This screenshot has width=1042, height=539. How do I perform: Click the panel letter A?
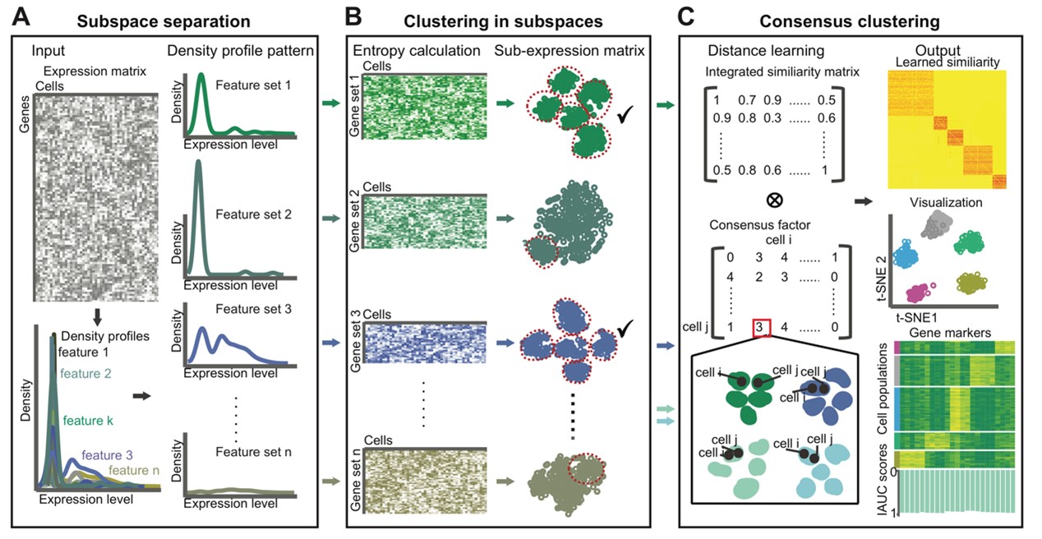pyautogui.click(x=21, y=17)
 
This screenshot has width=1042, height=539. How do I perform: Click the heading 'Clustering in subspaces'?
pyautogui.click(x=503, y=21)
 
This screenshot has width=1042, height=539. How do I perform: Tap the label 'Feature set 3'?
pyautogui.click(x=254, y=309)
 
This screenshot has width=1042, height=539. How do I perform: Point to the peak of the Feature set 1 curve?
pyautogui.click(x=201, y=74)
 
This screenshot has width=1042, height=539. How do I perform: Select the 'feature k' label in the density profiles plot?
pyautogui.click(x=88, y=421)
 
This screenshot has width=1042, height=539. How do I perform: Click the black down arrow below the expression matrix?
pyautogui.click(x=97, y=317)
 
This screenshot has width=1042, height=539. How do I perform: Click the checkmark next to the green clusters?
pyautogui.click(x=625, y=114)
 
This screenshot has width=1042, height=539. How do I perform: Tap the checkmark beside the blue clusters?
pyautogui.click(x=625, y=329)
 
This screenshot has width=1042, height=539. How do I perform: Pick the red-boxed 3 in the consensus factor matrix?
pyautogui.click(x=761, y=327)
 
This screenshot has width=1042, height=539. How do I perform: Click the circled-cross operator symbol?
pyautogui.click(x=774, y=200)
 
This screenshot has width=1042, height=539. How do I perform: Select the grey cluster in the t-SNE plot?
pyautogui.click(x=937, y=224)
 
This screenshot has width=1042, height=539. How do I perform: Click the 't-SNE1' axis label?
pyautogui.click(x=916, y=318)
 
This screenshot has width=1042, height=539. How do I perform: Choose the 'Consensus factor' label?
pyautogui.click(x=759, y=225)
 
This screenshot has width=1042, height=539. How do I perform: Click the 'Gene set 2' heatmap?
pyautogui.click(x=424, y=221)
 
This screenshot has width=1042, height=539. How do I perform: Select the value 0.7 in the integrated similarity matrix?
pyautogui.click(x=747, y=100)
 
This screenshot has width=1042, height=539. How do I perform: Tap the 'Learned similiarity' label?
pyautogui.click(x=947, y=62)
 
